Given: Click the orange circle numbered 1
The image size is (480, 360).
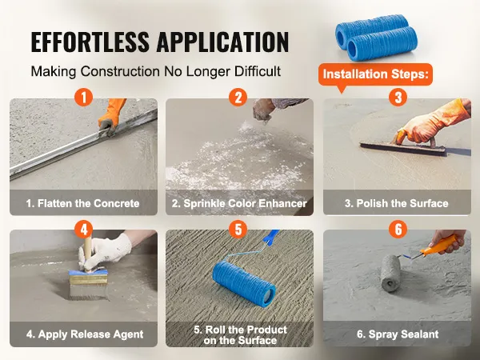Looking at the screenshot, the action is coord(83,98).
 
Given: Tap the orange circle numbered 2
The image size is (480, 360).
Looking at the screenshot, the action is coord(238,98).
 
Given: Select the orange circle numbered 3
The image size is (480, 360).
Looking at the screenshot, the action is coord(398,98).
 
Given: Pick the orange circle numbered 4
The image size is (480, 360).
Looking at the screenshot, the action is coord(83,229).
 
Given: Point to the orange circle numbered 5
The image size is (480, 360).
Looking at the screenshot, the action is coord(238,229).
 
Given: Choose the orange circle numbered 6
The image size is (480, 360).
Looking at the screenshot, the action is coord(398,229).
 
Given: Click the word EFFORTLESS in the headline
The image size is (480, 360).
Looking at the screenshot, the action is coord(90,42).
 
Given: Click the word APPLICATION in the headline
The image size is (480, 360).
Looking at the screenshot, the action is coord(223,42).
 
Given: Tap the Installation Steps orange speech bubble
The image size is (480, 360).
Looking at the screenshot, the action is coord(376,74).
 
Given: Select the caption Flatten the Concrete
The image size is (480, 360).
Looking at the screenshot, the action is coord(82,203).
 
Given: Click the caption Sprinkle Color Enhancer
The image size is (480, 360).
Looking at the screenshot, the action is coord(239,203).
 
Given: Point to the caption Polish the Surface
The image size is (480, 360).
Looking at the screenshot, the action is coord(397,203).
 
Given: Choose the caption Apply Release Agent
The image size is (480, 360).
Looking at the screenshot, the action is coord(85,334).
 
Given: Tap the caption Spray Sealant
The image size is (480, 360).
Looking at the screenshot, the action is coord(398,334).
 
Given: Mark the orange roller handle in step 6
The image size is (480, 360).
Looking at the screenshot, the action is coord(438,245).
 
